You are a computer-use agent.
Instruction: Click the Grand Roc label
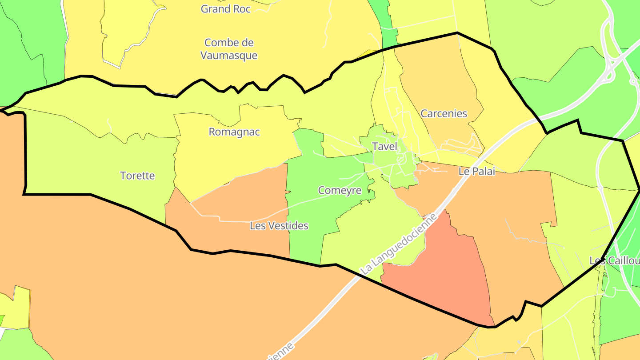(226, 9)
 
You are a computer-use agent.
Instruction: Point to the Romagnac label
(234, 132)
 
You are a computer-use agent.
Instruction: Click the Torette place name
(138, 176)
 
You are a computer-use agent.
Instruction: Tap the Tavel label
(384, 146)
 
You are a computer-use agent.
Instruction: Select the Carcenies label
(444, 113)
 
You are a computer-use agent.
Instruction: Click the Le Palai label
(476, 172)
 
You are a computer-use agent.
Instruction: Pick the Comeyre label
(340, 190)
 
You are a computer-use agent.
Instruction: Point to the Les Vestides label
(279, 226)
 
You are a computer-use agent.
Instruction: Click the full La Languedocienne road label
(399, 243)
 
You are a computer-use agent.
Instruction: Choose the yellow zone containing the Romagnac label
(222, 156)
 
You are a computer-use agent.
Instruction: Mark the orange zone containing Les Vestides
(249, 196)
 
